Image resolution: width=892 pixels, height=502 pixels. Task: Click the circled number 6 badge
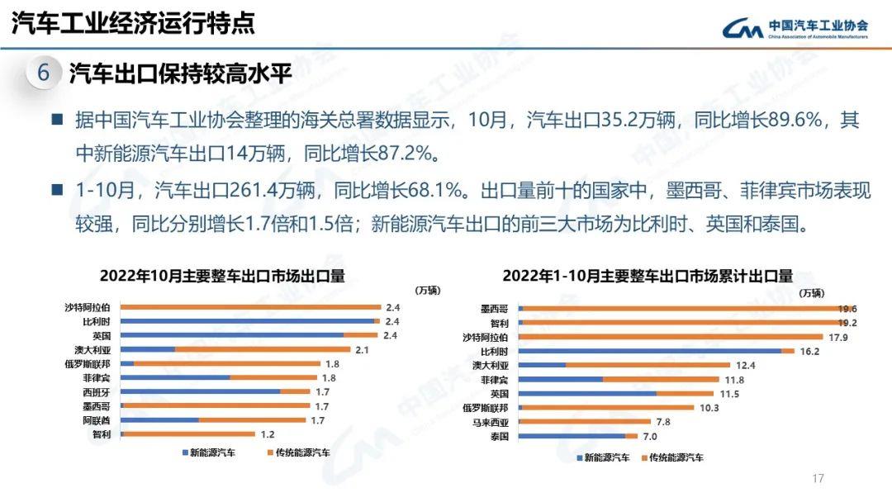(44, 73)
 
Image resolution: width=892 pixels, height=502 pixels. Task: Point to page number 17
(818, 478)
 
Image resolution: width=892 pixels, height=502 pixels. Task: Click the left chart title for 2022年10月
(222, 275)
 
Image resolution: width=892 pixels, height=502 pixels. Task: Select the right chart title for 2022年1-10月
(647, 275)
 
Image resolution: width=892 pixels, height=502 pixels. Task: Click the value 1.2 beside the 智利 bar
(267, 433)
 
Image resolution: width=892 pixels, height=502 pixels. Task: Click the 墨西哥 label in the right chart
(495, 308)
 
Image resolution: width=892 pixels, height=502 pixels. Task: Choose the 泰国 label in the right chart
(499, 435)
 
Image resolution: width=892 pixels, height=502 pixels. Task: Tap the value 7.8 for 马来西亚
(662, 421)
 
